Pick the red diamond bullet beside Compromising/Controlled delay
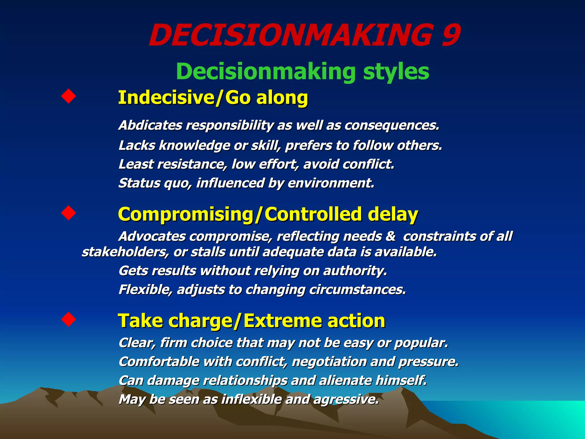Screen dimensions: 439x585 point(69,213)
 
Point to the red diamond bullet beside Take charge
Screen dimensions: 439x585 point(69,319)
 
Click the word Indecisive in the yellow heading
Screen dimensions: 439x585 point(166,97)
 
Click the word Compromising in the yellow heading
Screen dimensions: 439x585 point(186,214)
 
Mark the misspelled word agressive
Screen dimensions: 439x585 point(346,399)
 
